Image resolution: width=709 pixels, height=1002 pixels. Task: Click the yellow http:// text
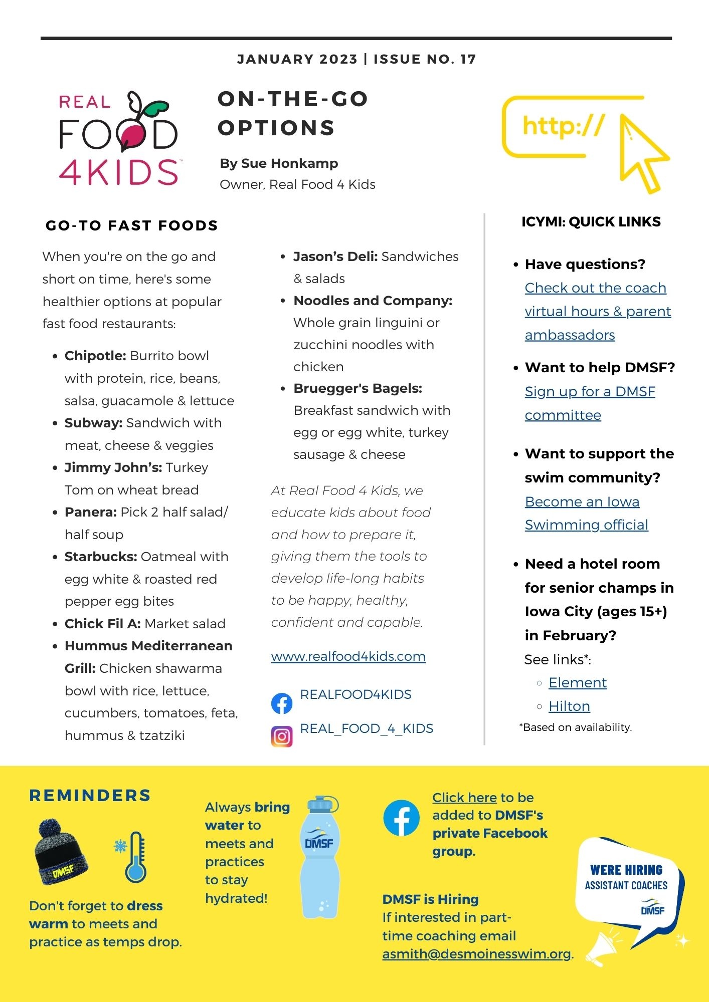(x=563, y=126)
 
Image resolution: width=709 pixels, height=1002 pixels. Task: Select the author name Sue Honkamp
(x=289, y=163)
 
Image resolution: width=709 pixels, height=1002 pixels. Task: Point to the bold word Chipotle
(x=95, y=356)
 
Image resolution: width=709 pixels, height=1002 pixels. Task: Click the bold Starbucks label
(x=101, y=557)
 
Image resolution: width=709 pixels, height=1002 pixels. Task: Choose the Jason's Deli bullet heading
(x=335, y=257)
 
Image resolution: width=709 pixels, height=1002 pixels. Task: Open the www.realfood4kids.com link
(x=348, y=656)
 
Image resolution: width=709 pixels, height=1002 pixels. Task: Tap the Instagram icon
(x=282, y=736)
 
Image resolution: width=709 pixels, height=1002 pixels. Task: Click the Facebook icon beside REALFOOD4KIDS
(x=282, y=703)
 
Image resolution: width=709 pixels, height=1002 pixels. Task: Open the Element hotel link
(x=577, y=683)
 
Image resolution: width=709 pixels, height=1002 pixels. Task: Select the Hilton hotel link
(x=569, y=706)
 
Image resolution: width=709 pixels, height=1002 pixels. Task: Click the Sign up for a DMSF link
(x=590, y=392)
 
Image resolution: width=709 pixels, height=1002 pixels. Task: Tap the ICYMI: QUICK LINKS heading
(x=591, y=222)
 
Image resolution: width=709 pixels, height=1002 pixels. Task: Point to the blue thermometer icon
(x=135, y=858)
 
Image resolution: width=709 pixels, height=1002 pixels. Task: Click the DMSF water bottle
(x=319, y=857)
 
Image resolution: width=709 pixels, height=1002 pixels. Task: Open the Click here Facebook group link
(x=464, y=798)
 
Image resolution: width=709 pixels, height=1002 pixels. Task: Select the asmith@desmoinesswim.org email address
(x=476, y=954)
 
